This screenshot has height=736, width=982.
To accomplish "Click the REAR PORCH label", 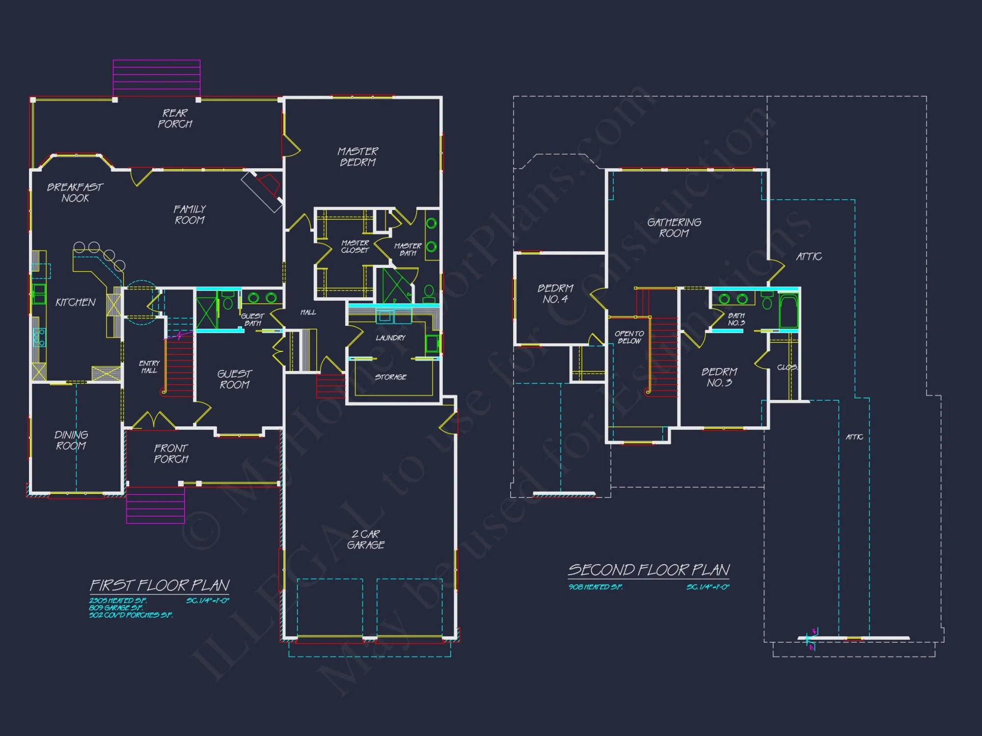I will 175,119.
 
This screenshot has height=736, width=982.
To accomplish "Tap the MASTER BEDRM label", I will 358,157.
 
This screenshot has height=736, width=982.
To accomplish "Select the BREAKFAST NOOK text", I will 75,192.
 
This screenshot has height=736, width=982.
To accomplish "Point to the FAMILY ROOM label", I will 190,214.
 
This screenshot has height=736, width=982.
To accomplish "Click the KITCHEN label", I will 76,302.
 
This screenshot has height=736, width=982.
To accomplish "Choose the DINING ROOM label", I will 71,440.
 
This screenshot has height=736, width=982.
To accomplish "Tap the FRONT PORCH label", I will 171,453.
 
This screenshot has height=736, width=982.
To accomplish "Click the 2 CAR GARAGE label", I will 366,539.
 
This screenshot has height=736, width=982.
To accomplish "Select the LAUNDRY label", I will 390,338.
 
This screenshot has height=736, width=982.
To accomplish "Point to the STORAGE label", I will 390,377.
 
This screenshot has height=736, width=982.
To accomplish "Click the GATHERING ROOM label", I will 674,228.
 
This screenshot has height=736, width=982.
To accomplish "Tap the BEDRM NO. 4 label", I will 555,293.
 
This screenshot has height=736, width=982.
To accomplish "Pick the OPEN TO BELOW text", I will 629,337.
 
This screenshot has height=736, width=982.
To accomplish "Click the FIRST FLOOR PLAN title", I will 160,585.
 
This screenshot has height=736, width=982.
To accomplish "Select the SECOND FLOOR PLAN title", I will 649,570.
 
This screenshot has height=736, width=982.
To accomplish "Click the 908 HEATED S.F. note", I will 596,587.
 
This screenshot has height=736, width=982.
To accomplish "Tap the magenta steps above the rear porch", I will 157,78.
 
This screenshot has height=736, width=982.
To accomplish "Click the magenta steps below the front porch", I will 155,505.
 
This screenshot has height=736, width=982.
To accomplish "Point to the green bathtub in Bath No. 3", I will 789,311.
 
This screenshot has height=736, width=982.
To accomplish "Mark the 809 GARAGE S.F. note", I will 116,607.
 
